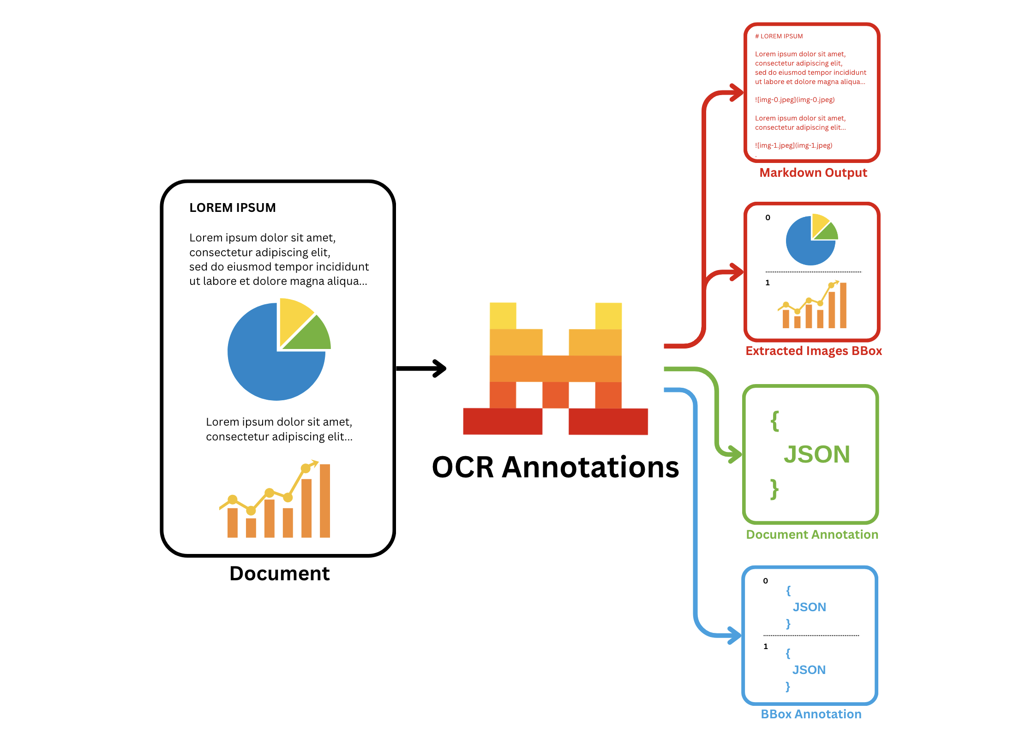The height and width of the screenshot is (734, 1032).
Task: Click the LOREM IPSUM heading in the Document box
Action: click(x=232, y=208)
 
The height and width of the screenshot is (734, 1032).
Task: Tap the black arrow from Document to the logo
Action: click(x=421, y=368)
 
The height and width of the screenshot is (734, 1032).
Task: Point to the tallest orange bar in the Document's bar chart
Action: click(x=325, y=501)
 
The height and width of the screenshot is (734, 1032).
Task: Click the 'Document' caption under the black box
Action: click(x=279, y=573)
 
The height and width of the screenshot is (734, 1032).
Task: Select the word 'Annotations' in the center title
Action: click(x=590, y=467)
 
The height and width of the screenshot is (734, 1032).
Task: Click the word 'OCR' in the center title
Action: click(x=462, y=467)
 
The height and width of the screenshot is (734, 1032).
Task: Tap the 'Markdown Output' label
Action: click(x=813, y=173)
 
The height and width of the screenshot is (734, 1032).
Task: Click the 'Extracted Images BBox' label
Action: click(x=813, y=351)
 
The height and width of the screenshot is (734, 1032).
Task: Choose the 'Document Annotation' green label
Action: click(x=812, y=535)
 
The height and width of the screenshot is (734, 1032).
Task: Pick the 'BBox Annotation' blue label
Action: click(x=811, y=714)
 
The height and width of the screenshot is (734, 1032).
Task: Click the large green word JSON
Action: click(x=816, y=454)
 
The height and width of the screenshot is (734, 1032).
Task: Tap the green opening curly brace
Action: click(x=775, y=421)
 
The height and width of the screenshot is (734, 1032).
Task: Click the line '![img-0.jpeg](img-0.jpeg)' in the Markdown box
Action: click(x=794, y=100)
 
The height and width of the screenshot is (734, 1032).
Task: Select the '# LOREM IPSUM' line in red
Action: click(x=779, y=36)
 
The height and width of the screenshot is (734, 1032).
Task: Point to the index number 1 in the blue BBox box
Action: click(x=766, y=646)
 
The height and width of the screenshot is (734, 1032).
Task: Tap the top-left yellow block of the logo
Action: click(x=503, y=316)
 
